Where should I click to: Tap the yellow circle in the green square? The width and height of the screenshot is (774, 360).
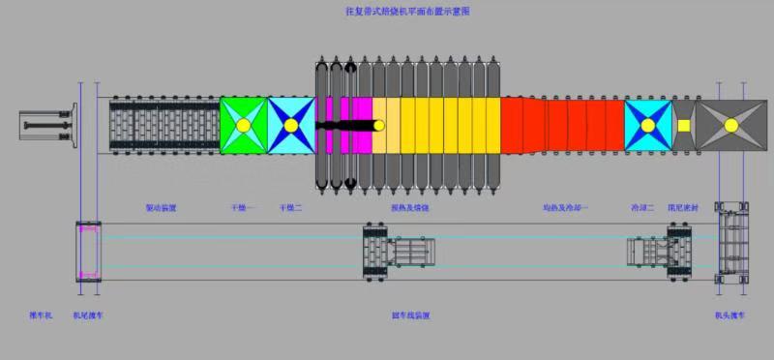pos(244,126)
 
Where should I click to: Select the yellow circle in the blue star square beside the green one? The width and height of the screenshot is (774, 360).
pos(291,126)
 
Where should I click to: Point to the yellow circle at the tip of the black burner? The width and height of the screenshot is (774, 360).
pos(378,125)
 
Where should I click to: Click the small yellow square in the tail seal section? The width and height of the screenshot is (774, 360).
pos(684,125)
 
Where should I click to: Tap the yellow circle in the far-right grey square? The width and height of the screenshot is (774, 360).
pos(729,126)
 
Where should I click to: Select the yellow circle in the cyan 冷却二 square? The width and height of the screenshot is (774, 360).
pos(648,126)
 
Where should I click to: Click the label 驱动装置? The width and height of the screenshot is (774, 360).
pos(161,208)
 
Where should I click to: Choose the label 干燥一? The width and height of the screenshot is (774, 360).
pos(241,208)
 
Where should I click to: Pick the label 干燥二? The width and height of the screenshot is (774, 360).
pos(290,208)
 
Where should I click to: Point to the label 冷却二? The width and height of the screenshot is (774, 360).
pos(643,208)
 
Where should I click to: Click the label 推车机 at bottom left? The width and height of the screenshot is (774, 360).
pos(42,315)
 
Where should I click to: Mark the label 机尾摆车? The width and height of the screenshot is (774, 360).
pos(87,315)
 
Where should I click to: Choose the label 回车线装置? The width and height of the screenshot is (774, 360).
pos(410,315)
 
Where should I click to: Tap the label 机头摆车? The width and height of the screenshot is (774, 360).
pos(729,315)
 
